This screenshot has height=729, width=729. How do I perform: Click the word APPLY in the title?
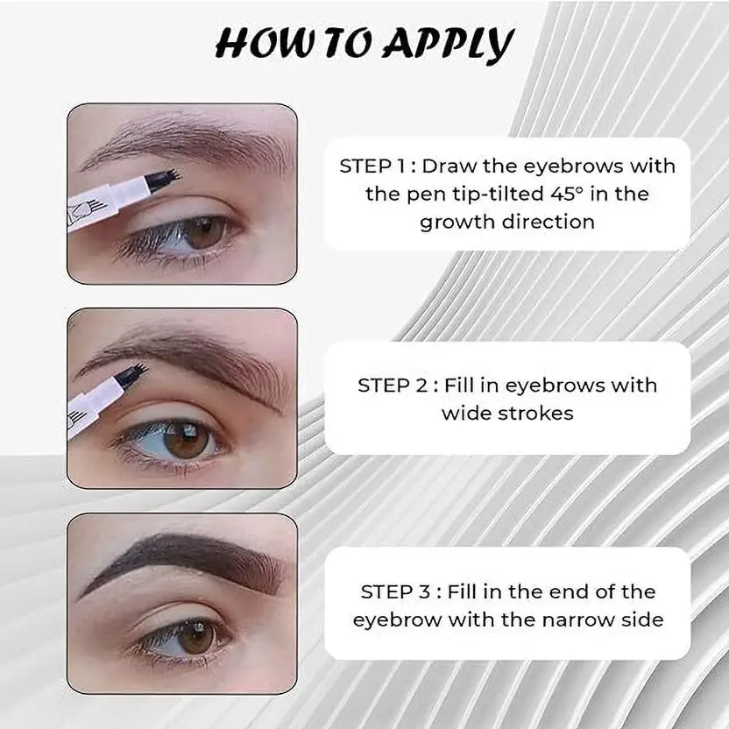[x=450, y=44]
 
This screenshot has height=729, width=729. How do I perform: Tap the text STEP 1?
[x=372, y=166]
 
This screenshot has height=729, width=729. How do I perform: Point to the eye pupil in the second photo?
[x=186, y=438]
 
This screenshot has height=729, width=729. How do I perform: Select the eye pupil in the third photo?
[x=196, y=635]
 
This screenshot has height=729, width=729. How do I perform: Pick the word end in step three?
[x=567, y=591]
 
